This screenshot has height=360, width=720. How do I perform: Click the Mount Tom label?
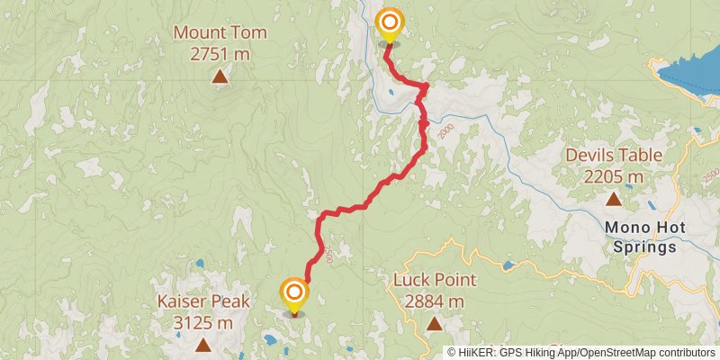(x=220, y=33)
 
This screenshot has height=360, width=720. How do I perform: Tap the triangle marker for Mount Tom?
(x=220, y=76)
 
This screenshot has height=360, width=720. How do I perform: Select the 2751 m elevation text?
(x=220, y=53)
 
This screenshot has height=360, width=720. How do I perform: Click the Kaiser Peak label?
(x=203, y=302)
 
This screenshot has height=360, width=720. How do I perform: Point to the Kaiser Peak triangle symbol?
(x=203, y=345)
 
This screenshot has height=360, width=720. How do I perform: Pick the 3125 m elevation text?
(x=203, y=322)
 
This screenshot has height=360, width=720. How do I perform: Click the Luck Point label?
(x=434, y=280)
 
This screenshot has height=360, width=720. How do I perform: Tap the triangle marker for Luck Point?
(x=434, y=323)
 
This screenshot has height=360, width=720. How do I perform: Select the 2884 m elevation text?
(x=434, y=301)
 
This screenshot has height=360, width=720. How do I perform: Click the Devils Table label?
(x=614, y=155)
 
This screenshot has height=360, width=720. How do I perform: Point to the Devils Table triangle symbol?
(x=614, y=199)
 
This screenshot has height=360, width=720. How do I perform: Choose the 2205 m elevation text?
(x=614, y=175)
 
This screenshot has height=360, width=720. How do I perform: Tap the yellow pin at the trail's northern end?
(x=389, y=24)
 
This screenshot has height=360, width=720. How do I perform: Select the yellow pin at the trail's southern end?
(x=293, y=294)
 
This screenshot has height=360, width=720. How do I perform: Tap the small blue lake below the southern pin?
(x=271, y=340)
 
